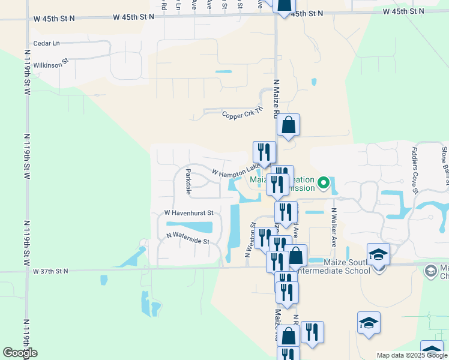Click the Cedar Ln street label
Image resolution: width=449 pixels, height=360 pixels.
pyautogui.click(x=47, y=43)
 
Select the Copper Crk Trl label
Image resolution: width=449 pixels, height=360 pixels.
pyautogui.click(x=243, y=114)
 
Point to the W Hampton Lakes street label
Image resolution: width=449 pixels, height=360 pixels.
pyautogui.click(x=237, y=171)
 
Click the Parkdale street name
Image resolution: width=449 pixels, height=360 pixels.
pyautogui.click(x=188, y=182)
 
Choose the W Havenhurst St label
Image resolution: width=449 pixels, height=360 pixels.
pyautogui.click(x=189, y=213)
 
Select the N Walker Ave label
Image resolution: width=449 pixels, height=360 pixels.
pyautogui.click(x=333, y=227)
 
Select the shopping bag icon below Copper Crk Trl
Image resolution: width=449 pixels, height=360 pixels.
pyautogui.click(x=288, y=125)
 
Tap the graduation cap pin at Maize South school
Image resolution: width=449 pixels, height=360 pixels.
pyautogui.click(x=378, y=254)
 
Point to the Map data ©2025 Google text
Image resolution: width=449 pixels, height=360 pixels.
pyautogui.click(x=412, y=355)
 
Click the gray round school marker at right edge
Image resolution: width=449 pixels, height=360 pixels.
pyautogui.click(x=430, y=271)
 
